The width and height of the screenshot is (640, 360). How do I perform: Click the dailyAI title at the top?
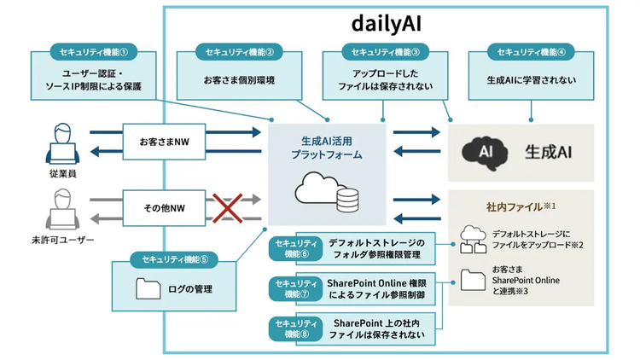386,24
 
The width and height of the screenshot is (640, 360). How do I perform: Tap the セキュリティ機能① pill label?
94,52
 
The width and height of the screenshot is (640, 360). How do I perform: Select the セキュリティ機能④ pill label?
531,52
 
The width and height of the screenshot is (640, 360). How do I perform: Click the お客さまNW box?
164,142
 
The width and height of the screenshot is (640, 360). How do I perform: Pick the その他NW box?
164,208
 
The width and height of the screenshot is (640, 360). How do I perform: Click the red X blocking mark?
227,208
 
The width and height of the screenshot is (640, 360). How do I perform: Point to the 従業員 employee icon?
62,143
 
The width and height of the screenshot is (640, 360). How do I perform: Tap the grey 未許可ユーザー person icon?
62,209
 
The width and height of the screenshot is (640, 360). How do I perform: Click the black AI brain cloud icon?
485,153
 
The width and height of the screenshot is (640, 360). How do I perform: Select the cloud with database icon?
327,192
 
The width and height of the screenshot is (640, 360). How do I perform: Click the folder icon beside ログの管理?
148,288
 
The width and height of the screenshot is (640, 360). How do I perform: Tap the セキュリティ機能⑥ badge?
296,248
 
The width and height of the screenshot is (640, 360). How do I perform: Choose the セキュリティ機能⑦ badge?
296,288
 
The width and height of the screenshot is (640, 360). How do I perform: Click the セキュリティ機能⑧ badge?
296,328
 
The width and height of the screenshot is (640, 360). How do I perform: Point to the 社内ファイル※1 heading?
521,207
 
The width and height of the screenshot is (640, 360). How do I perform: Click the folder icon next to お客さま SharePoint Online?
473,280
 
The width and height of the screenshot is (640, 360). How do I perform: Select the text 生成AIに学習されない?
531,80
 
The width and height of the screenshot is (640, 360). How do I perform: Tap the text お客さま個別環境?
239,80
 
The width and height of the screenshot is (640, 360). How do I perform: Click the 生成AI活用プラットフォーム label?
327,148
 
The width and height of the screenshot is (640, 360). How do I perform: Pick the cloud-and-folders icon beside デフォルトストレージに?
473,239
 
